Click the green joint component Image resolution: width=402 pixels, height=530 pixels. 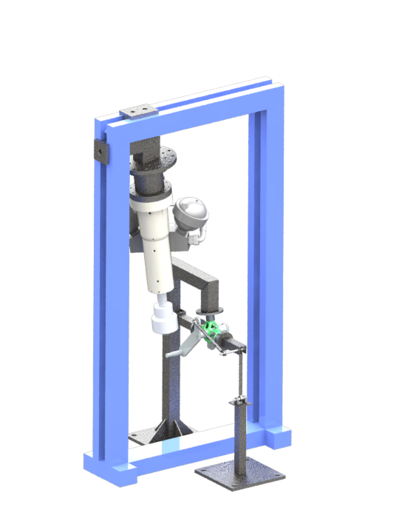[214, 329]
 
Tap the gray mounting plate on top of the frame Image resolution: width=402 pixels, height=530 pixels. [138, 111]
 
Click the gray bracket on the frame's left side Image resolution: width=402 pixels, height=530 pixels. [98, 152]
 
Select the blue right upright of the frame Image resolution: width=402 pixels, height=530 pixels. [266, 259]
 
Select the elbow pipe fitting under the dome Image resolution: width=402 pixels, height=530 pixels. [197, 238]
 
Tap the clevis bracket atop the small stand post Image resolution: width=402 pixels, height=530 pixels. [238, 403]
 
